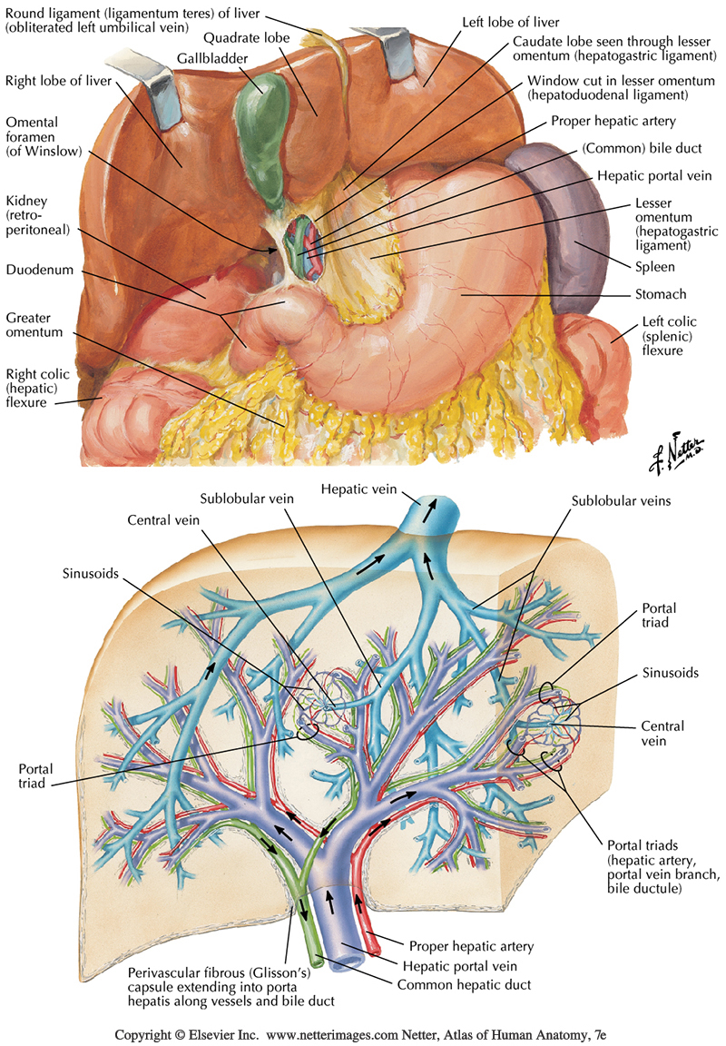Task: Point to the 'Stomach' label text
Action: click(x=662, y=294)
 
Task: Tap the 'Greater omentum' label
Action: click(x=34, y=325)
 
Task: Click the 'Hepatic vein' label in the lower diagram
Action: click(x=358, y=490)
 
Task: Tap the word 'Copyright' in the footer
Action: click(x=143, y=1034)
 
